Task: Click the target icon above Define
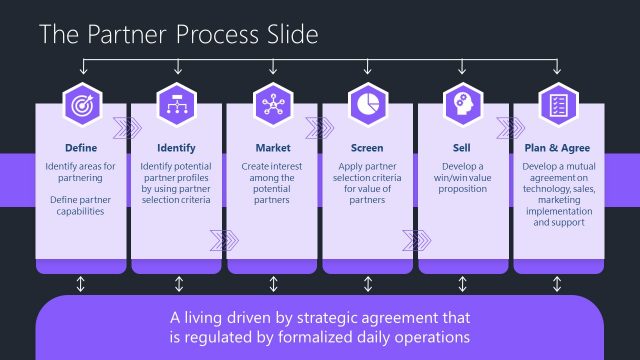click(x=81, y=104)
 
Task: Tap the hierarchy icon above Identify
click(x=177, y=104)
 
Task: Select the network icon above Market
click(x=273, y=104)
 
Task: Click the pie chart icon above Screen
click(x=368, y=104)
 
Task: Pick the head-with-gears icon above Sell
click(x=463, y=104)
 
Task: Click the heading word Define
click(x=81, y=147)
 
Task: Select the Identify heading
click(x=177, y=147)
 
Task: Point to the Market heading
click(x=273, y=147)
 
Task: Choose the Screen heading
click(x=368, y=147)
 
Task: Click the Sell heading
click(x=463, y=147)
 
